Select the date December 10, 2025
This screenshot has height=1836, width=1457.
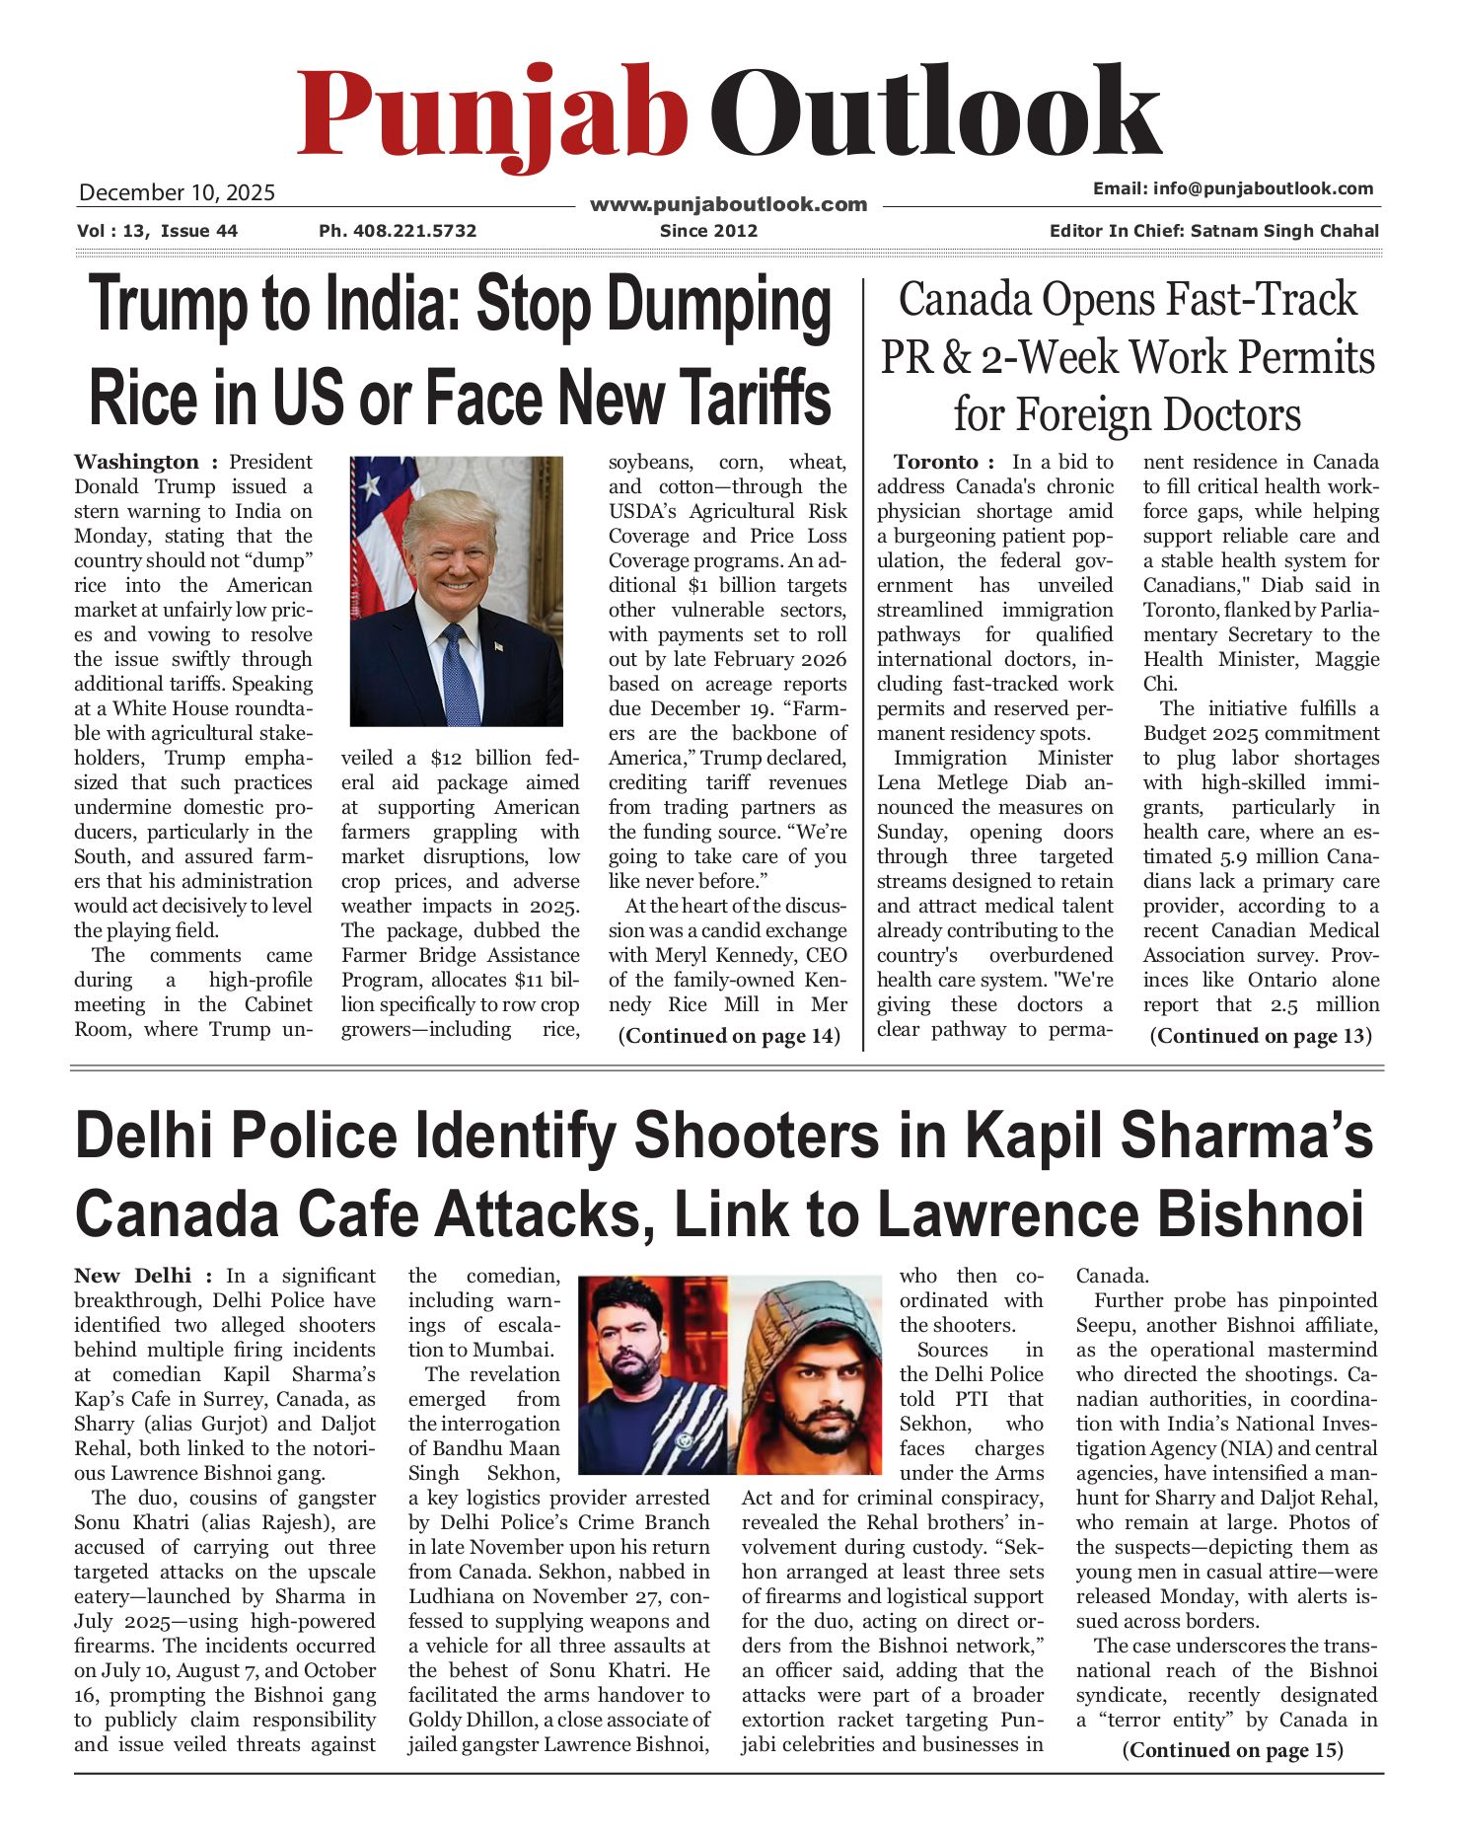click(177, 192)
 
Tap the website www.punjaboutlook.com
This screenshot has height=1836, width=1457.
click(728, 204)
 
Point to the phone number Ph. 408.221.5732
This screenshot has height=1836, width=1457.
click(398, 231)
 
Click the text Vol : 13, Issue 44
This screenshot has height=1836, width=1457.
click(157, 231)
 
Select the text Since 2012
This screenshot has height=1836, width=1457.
click(708, 231)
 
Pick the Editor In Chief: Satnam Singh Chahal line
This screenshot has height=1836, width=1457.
click(1213, 231)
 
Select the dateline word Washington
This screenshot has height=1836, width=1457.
click(136, 462)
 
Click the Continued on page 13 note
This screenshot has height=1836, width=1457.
click(1260, 1036)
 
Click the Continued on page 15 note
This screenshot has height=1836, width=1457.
click(1232, 1750)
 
